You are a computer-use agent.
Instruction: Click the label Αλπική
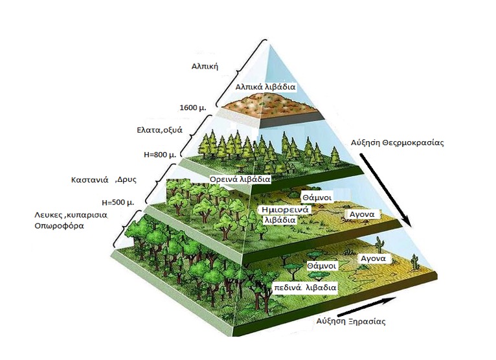[205, 67]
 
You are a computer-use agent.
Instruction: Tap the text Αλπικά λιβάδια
[265, 87]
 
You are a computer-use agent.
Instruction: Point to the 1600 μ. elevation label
[193, 107]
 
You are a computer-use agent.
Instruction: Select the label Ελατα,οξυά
[160, 130]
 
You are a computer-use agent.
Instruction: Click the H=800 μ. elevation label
[160, 155]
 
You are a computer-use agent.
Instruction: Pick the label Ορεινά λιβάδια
[240, 179]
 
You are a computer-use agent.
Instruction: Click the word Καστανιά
[90, 180]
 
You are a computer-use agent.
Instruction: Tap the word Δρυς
[126, 180]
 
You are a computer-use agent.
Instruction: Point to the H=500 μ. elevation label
[118, 203]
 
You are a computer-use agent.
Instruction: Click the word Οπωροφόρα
[60, 226]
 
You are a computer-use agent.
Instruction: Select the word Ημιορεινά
[285, 209]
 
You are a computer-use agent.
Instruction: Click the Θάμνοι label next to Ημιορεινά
[317, 197]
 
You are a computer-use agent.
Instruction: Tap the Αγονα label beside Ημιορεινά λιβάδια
[362, 214]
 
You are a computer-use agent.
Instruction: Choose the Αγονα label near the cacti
[373, 259]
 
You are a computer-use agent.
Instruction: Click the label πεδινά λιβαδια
[305, 288]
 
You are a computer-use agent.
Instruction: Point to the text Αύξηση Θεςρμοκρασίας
[398, 142]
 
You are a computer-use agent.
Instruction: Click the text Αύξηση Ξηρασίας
[351, 321]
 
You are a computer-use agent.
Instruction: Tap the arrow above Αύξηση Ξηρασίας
[367, 307]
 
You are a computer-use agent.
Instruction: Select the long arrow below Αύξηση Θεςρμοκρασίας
[386, 190]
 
